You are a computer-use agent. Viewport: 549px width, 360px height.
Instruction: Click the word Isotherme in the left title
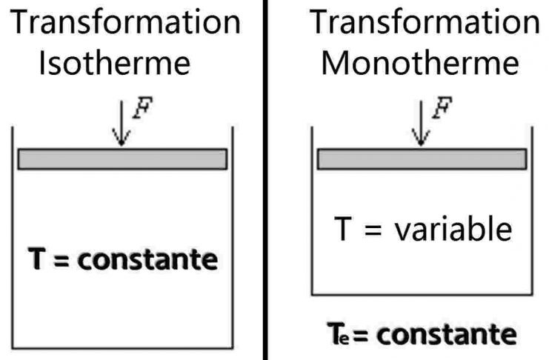(x=115, y=63)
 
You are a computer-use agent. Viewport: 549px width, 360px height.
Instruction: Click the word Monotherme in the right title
(x=420, y=63)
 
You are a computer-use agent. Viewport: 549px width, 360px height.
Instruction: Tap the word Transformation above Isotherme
(x=125, y=21)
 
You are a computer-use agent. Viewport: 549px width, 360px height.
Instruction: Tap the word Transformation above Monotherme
(x=425, y=21)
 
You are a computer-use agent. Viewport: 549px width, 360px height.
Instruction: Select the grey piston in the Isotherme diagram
(x=122, y=159)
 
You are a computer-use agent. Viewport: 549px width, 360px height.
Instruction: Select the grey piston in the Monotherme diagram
(x=422, y=159)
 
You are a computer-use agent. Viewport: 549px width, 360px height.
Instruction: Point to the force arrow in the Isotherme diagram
(x=122, y=123)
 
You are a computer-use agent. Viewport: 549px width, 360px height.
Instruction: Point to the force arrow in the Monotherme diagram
(x=421, y=123)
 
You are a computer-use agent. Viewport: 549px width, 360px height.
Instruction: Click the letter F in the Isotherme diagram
(x=143, y=107)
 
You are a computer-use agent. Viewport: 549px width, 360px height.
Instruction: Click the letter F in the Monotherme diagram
(x=442, y=107)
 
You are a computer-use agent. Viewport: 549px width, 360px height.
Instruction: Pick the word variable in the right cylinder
(x=453, y=229)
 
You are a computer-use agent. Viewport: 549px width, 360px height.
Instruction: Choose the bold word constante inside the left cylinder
(x=147, y=259)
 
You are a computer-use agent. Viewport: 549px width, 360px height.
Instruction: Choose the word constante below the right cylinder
(x=447, y=334)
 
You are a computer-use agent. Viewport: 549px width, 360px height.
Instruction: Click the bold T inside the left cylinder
(x=37, y=259)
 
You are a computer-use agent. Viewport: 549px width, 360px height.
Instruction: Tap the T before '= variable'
(x=343, y=228)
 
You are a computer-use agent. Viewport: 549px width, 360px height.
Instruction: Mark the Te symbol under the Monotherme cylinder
(x=338, y=334)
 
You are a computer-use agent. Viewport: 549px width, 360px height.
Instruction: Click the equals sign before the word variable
(x=373, y=230)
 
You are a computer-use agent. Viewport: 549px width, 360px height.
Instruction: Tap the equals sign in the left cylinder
(x=61, y=261)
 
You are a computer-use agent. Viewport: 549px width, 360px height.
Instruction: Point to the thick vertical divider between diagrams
(x=265, y=180)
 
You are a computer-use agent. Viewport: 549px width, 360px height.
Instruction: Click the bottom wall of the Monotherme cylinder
(x=422, y=295)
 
